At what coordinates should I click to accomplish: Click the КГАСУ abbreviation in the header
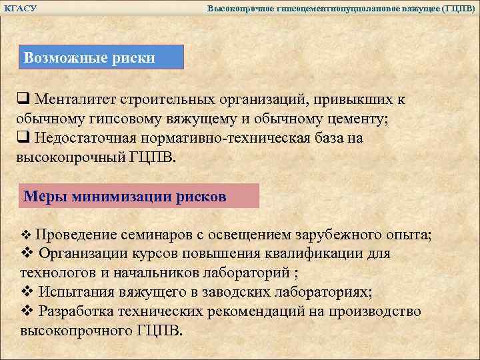point(20,8)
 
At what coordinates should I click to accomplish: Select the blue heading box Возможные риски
point(101,57)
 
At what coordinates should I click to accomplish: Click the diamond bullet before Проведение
point(27,235)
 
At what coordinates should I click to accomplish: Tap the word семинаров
point(155,235)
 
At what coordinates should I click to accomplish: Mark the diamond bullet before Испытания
point(27,293)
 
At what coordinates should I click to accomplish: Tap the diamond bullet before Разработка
point(27,312)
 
